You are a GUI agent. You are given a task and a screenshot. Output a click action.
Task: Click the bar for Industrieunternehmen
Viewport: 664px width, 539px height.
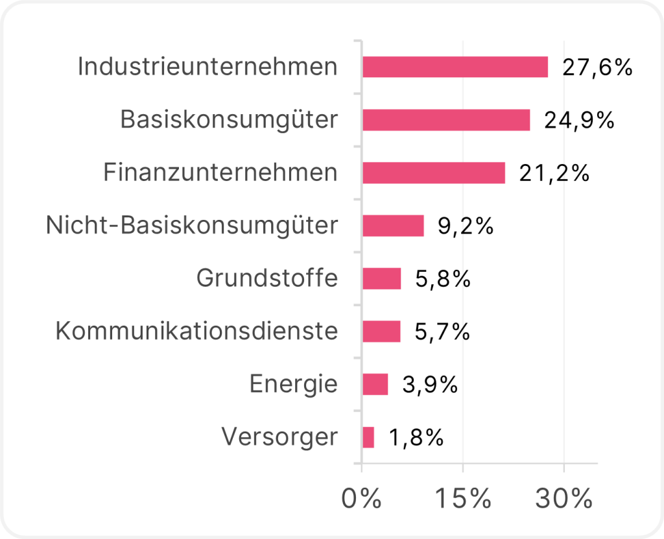455,67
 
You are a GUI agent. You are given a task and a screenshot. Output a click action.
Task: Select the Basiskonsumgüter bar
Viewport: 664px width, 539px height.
446,120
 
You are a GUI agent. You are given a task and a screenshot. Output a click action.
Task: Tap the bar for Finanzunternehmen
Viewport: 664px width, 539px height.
434,173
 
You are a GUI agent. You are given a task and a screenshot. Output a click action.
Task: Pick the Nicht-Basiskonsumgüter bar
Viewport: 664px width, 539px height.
393,226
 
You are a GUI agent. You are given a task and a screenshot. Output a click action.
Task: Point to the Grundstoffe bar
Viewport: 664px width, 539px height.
382,279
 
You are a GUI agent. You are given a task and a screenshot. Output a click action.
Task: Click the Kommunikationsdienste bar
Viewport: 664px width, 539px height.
381,331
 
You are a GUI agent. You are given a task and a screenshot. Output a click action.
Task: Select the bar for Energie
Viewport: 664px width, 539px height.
375,384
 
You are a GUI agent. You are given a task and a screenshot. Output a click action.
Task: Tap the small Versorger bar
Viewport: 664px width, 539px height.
368,437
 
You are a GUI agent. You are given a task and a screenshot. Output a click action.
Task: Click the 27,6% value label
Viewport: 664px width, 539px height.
597,67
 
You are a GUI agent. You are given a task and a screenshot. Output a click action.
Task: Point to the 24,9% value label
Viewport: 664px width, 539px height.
579,121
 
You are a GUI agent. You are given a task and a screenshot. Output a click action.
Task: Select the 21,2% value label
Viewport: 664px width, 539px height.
554,173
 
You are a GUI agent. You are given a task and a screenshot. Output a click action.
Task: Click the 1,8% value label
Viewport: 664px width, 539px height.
416,438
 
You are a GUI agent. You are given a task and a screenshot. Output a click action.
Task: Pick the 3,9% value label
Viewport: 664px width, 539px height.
430,385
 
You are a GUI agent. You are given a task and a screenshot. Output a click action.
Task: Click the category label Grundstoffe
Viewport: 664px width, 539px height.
267,278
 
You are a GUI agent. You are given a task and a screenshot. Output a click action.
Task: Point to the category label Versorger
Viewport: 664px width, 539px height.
279,437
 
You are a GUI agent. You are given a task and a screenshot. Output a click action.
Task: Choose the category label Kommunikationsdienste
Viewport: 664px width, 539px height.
196,331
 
